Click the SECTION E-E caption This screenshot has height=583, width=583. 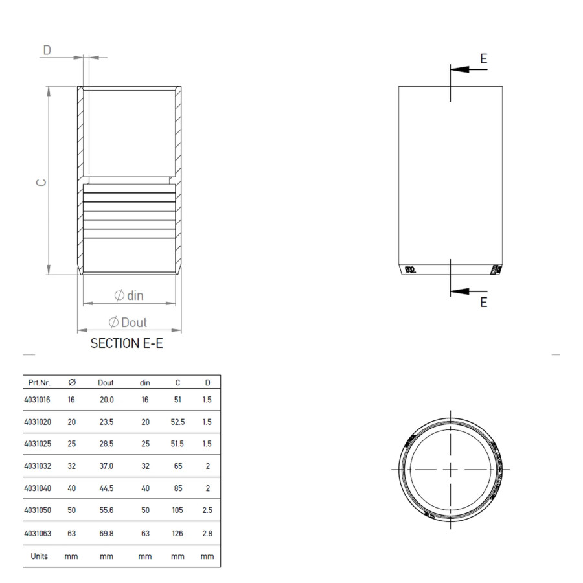[x=126, y=343]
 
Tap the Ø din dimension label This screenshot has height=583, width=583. [x=129, y=295]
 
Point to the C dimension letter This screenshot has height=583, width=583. [x=41, y=183]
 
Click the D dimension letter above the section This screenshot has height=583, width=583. [x=47, y=50]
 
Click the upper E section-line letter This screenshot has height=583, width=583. [x=483, y=59]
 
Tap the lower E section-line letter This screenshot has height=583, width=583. [x=483, y=302]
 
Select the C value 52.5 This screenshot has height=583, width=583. [x=177, y=422]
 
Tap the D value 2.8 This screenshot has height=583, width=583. [x=207, y=533]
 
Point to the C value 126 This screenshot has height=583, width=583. [x=177, y=533]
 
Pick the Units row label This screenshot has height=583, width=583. [x=40, y=556]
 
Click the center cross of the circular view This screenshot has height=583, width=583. [x=450, y=468]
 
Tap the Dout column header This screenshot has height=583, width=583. [x=106, y=383]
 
